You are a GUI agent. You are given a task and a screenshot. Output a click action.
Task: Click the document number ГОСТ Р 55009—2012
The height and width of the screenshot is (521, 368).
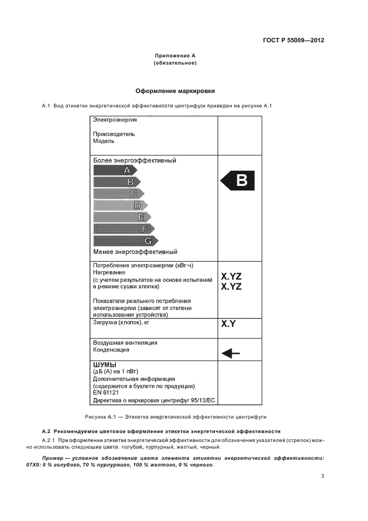click(x=293, y=41)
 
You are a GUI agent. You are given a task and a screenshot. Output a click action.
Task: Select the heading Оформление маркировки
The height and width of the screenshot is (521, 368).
click(x=175, y=91)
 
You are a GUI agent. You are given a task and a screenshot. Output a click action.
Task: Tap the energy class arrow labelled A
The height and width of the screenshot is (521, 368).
click(x=114, y=170)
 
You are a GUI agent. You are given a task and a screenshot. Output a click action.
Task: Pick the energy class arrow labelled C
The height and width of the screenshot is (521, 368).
click(x=119, y=194)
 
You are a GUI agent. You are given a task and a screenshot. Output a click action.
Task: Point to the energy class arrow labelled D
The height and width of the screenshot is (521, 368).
click(x=120, y=205)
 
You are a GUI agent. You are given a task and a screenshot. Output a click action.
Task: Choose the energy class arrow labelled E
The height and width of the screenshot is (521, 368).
click(x=122, y=217)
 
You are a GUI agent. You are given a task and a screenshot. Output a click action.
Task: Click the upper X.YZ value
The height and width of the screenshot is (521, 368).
click(x=232, y=276)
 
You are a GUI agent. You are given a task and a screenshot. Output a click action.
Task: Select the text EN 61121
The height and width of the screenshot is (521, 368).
click(x=106, y=392)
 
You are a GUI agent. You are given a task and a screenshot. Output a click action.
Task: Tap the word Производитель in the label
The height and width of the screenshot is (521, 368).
click(x=114, y=134)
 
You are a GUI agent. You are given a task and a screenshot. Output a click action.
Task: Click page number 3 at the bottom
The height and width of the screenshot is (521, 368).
click(x=322, y=475)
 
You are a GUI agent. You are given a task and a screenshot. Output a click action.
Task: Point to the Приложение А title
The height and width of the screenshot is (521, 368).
click(x=175, y=56)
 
